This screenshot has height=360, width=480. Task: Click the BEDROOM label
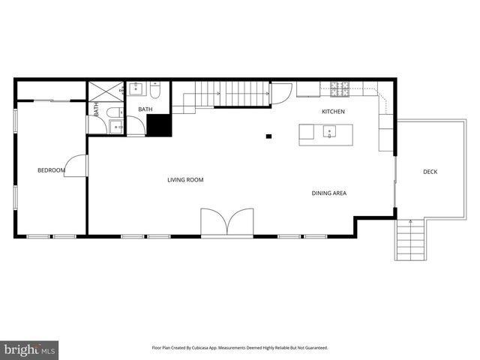pos(51,171)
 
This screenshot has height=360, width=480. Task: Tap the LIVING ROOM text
pos(185,180)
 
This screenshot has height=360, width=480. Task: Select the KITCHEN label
pos(333,112)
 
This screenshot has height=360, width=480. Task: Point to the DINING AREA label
pos(329,193)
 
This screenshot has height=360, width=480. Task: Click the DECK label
pos(430,172)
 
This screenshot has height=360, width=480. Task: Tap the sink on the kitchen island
pos(328,133)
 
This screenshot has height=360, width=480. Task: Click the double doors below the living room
pos(227,223)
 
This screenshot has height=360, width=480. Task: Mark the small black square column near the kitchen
pos(268,136)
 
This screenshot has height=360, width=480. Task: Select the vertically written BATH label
pos(96,109)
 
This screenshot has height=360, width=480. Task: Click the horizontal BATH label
pos(145,109)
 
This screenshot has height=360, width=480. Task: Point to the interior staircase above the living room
pos(225,94)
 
